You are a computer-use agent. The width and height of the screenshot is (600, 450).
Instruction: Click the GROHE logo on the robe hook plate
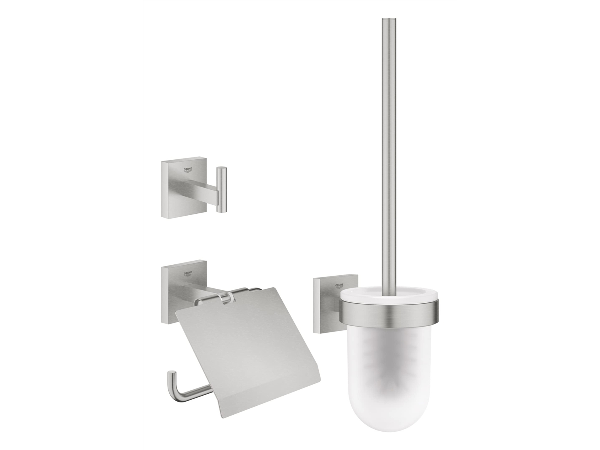(188, 170)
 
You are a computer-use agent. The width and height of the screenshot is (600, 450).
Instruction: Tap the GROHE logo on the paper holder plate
(188, 273)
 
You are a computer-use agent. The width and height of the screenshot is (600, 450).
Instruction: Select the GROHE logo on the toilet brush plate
(340, 286)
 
